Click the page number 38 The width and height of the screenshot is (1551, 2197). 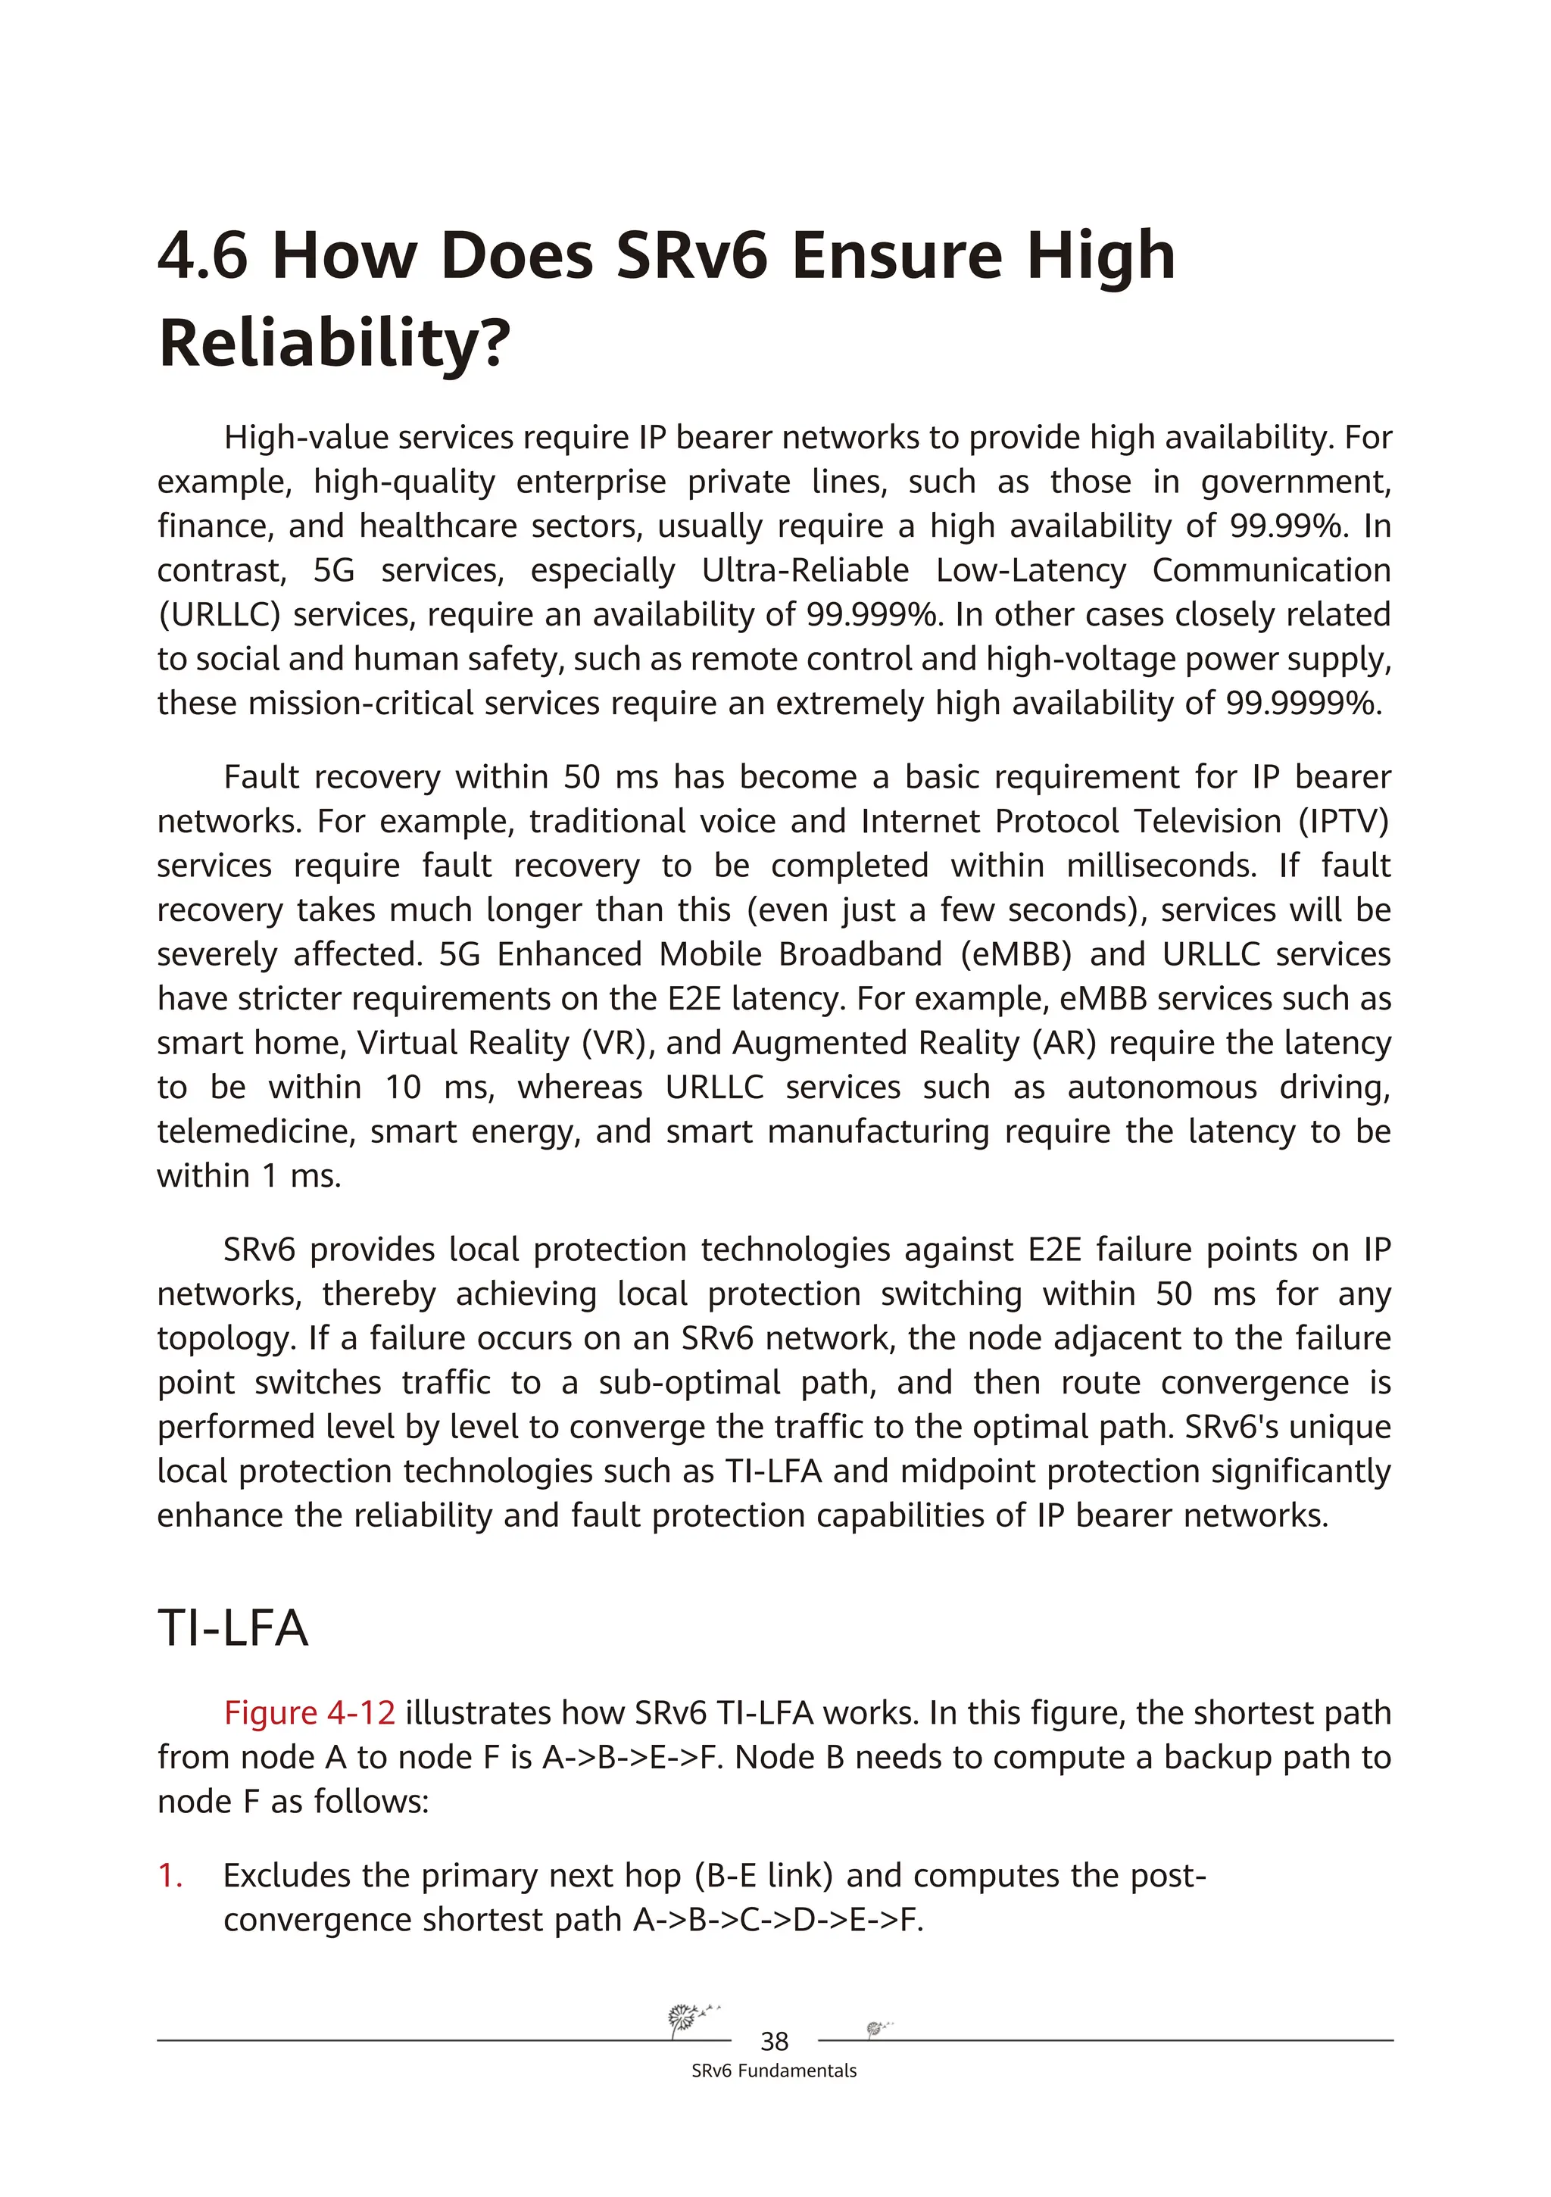(x=774, y=2041)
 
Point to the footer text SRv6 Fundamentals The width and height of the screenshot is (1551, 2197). (x=774, y=2071)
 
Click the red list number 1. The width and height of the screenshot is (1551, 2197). (x=170, y=1875)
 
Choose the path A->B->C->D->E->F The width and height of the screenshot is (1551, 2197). (x=778, y=1920)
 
